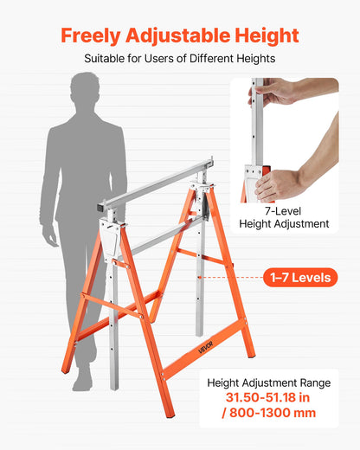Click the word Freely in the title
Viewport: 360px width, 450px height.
pyautogui.click(x=91, y=35)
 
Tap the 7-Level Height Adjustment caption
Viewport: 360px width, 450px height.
pyautogui.click(x=284, y=216)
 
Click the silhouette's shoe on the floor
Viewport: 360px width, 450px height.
pyautogui.click(x=83, y=381)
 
